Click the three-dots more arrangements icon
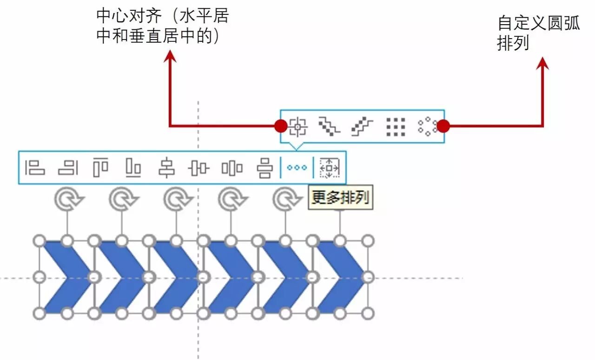297,167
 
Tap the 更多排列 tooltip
340,198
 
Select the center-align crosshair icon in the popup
297,126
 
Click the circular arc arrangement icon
427,126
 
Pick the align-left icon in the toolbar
35,167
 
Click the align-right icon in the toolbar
68,167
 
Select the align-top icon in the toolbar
100,167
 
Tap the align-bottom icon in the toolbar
133,167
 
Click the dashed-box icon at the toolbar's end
330,167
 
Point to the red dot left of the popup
281,126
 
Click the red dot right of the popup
443,126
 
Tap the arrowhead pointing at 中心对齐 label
170,57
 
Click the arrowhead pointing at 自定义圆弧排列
542,63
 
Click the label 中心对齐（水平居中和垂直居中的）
162,27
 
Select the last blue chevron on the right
341,277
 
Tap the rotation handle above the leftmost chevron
69,200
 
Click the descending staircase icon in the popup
330,126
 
